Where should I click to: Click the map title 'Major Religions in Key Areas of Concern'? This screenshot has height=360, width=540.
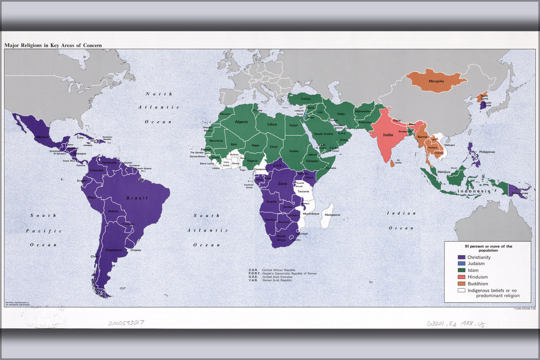pyautogui.click(x=53, y=45)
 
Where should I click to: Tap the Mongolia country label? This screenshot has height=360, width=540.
pyautogui.click(x=436, y=81)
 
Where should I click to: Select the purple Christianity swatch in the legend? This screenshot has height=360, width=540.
pyautogui.click(x=461, y=257)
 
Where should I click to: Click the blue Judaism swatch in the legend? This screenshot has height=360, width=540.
pyautogui.click(x=461, y=264)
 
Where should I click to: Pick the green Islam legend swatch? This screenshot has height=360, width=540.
pyautogui.click(x=461, y=270)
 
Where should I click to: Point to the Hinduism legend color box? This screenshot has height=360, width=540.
pyautogui.click(x=461, y=277)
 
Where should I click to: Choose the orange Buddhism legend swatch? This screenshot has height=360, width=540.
pyautogui.click(x=461, y=284)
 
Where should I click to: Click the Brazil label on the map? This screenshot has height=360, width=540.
pyautogui.click(x=137, y=198)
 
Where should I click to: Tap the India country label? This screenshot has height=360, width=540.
pyautogui.click(x=388, y=135)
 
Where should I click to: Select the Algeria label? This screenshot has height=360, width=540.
pyautogui.click(x=241, y=122)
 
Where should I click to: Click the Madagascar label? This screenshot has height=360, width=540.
pyautogui.click(x=332, y=215)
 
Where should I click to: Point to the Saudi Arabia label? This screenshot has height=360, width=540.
pyautogui.click(x=323, y=134)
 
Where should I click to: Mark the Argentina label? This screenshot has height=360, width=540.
pyautogui.click(x=113, y=250)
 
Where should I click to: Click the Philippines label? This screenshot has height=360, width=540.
pyautogui.click(x=487, y=152)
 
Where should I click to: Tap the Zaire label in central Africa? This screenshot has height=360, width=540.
pyautogui.click(x=283, y=184)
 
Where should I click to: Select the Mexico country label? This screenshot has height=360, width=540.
pyautogui.click(x=42, y=137)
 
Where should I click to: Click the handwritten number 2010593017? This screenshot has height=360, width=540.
pyautogui.click(x=126, y=323)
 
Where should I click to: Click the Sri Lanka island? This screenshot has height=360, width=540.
pyautogui.click(x=392, y=163)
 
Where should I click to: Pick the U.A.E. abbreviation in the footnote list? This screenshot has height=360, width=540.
pyautogui.click(x=253, y=277)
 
